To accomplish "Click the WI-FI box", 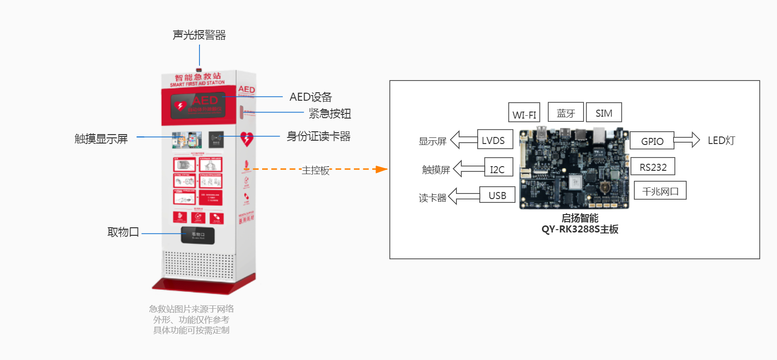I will [x=524, y=113].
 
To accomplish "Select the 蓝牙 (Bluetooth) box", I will [x=566, y=112].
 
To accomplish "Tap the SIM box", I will [x=604, y=112].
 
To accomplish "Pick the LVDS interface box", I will [x=494, y=140].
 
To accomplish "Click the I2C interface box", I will [x=498, y=168].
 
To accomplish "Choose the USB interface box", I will [x=497, y=195].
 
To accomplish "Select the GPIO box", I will [x=652, y=141].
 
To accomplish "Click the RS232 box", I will [x=653, y=167].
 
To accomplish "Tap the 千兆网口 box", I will [x=660, y=191].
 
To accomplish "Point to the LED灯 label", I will [x=721, y=140].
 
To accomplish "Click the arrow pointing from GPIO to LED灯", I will [x=686, y=140].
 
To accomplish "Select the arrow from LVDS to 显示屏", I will [x=464, y=140].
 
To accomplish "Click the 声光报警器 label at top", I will [x=199, y=35].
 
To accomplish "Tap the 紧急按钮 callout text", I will [x=329, y=113].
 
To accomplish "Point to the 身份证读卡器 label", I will [x=318, y=136].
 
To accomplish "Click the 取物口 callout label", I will [x=123, y=232].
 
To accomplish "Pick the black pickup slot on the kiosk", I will [x=198, y=235].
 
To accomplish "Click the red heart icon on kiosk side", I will [x=247, y=139].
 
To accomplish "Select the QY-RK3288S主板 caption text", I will [x=580, y=230].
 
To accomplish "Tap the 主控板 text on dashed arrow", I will [x=315, y=170].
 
